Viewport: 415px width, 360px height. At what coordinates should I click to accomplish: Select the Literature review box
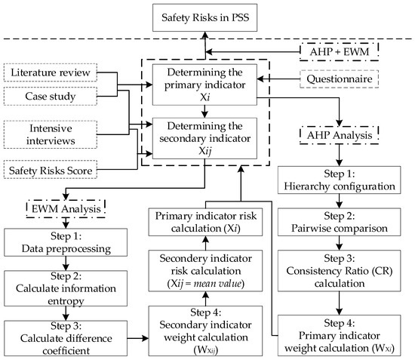click(x=50, y=72)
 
